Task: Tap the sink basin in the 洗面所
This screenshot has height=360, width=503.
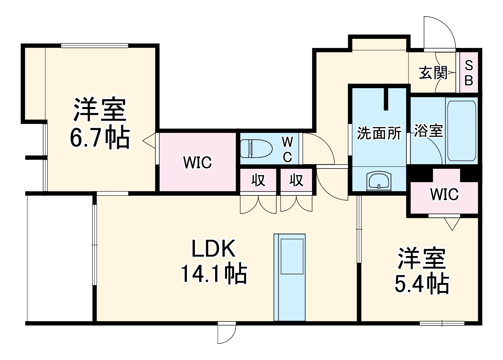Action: (x=379, y=180)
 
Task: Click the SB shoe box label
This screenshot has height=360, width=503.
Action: (x=469, y=73)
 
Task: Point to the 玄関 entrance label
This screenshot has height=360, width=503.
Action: (x=433, y=73)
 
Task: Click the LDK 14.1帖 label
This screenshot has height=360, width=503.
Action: (x=213, y=261)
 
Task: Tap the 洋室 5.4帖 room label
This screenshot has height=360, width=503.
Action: (x=422, y=270)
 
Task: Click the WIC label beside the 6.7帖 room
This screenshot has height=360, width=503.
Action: (x=197, y=163)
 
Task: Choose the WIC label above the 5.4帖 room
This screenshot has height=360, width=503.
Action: (x=444, y=194)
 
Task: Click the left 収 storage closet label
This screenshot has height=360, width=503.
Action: (x=258, y=180)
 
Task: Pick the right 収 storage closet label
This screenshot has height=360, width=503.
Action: (x=297, y=180)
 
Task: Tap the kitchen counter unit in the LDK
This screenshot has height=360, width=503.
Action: (x=289, y=277)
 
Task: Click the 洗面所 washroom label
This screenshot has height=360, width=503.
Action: (x=379, y=133)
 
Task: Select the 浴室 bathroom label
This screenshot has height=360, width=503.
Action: (x=428, y=130)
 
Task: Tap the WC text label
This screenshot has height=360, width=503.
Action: (x=287, y=149)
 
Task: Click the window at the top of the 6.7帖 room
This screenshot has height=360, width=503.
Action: (x=94, y=46)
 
